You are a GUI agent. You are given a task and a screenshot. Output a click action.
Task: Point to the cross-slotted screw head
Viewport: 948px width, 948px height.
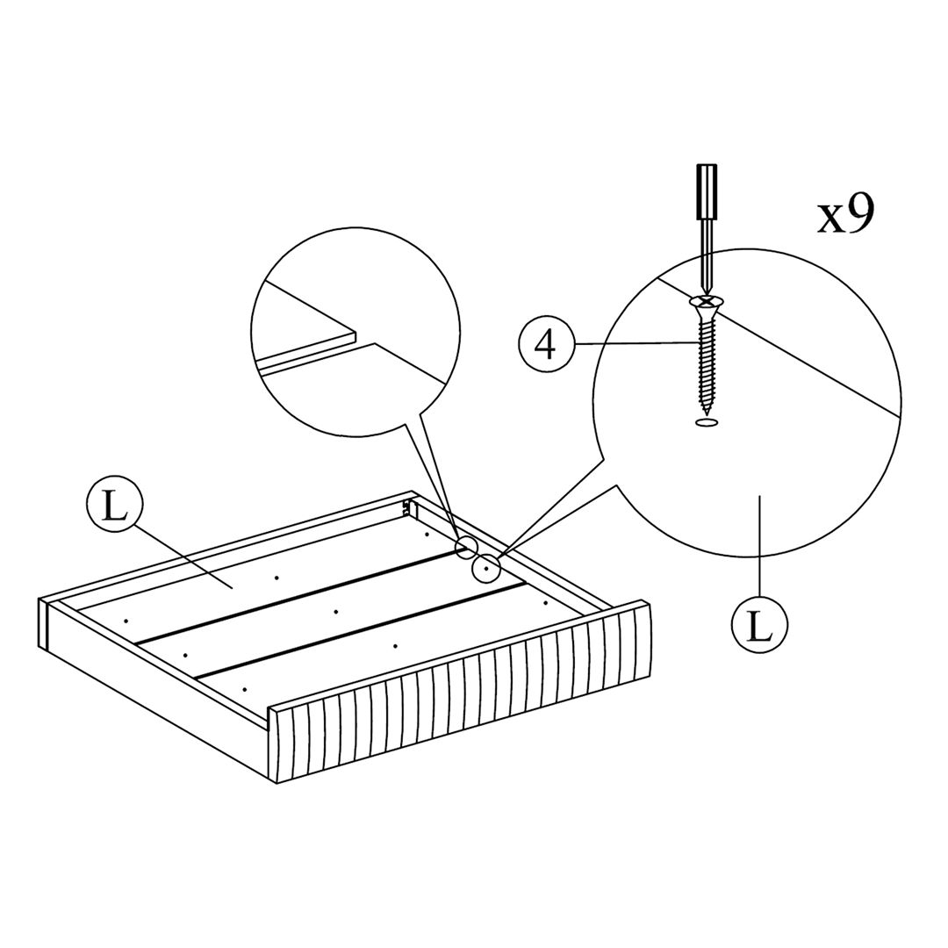tap(704, 300)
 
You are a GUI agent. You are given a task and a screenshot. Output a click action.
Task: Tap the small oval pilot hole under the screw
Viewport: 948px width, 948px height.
tap(706, 422)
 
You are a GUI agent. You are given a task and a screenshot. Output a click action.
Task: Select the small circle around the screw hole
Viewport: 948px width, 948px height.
tap(486, 569)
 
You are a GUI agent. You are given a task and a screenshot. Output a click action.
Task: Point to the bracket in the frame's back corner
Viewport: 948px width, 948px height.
tap(409, 506)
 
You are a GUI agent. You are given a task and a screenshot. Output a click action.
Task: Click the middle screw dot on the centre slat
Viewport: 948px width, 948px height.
tap(335, 612)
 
